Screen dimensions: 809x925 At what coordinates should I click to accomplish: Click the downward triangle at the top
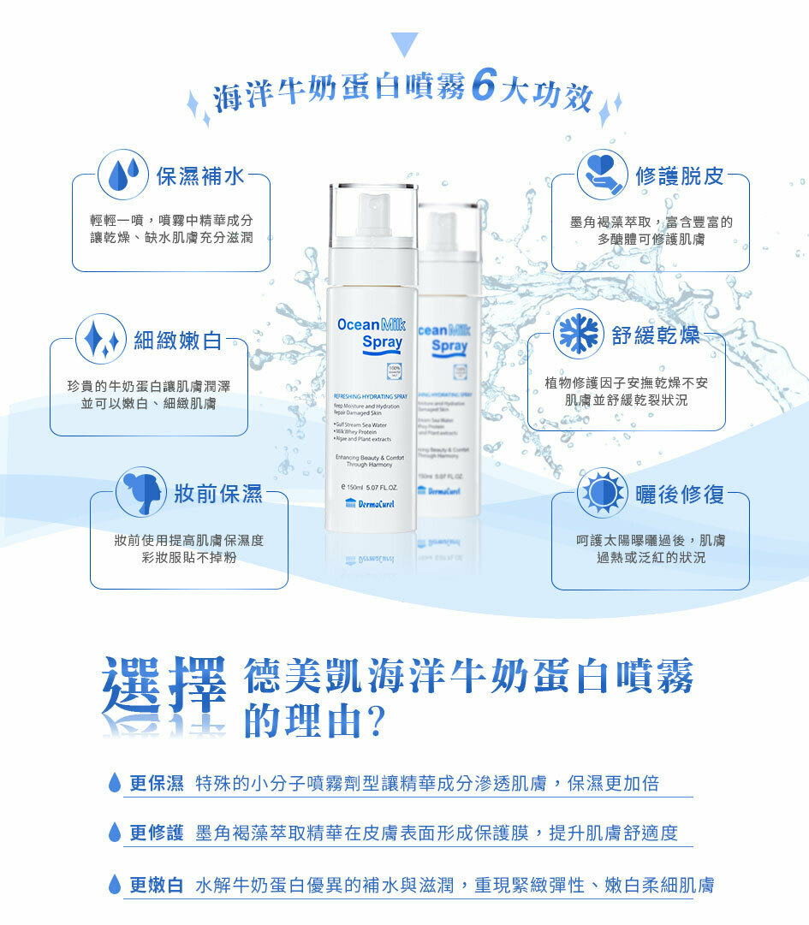point(404,44)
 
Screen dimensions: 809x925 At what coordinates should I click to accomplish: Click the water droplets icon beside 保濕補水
point(125,175)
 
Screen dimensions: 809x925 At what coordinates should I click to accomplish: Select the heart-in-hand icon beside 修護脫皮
point(603,175)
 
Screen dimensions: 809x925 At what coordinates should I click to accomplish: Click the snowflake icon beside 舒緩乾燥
point(579,335)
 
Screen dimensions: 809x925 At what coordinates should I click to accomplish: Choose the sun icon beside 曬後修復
point(603,493)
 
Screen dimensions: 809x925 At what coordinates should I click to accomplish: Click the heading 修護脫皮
point(680,176)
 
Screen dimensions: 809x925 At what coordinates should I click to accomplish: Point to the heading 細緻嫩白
point(177,341)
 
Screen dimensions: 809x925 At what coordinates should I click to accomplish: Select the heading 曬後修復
point(680,495)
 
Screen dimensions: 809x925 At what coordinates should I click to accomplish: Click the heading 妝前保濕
point(218,494)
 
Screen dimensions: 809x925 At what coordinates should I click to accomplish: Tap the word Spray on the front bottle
point(382,342)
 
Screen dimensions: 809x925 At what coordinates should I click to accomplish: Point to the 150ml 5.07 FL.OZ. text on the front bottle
point(369,486)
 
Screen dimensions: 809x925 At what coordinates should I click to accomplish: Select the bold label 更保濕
point(157,783)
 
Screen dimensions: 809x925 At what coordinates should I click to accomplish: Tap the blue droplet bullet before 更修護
point(115,833)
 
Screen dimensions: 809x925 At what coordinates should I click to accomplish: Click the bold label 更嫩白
point(157,885)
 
